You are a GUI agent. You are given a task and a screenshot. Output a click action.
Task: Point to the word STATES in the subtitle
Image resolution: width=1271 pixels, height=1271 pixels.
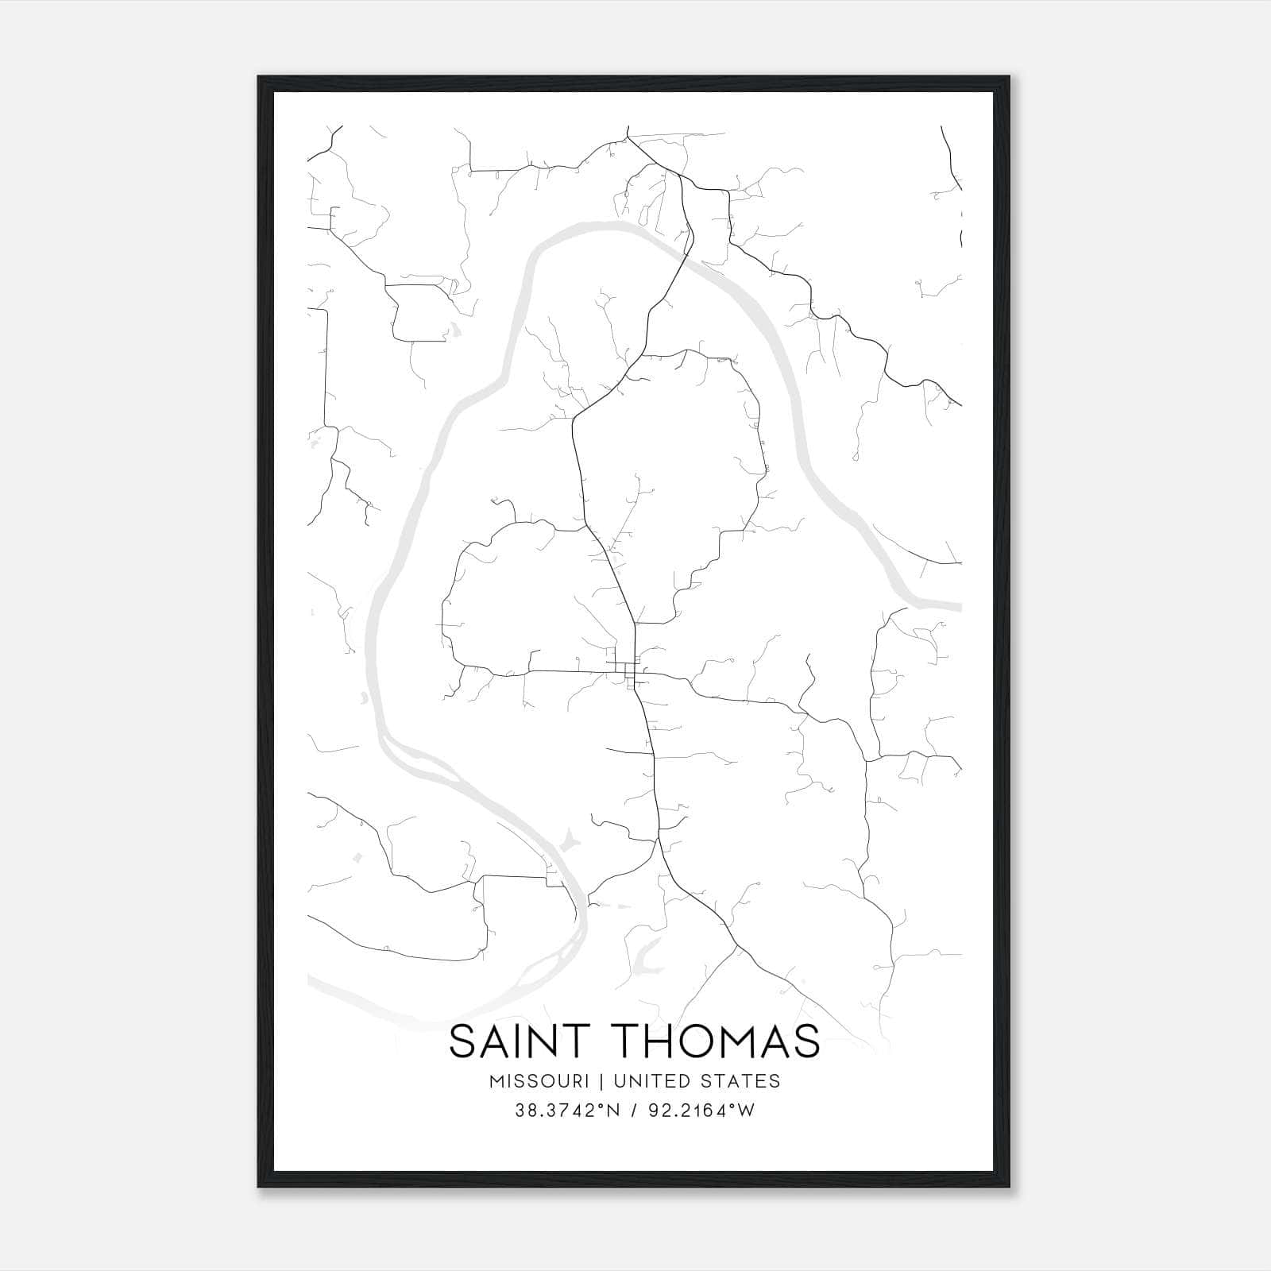pos(743,1081)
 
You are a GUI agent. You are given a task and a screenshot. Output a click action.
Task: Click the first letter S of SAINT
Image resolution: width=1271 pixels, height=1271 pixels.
pos(463,1041)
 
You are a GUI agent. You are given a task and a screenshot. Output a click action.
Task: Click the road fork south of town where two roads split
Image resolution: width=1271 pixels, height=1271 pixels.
pos(659,842)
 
